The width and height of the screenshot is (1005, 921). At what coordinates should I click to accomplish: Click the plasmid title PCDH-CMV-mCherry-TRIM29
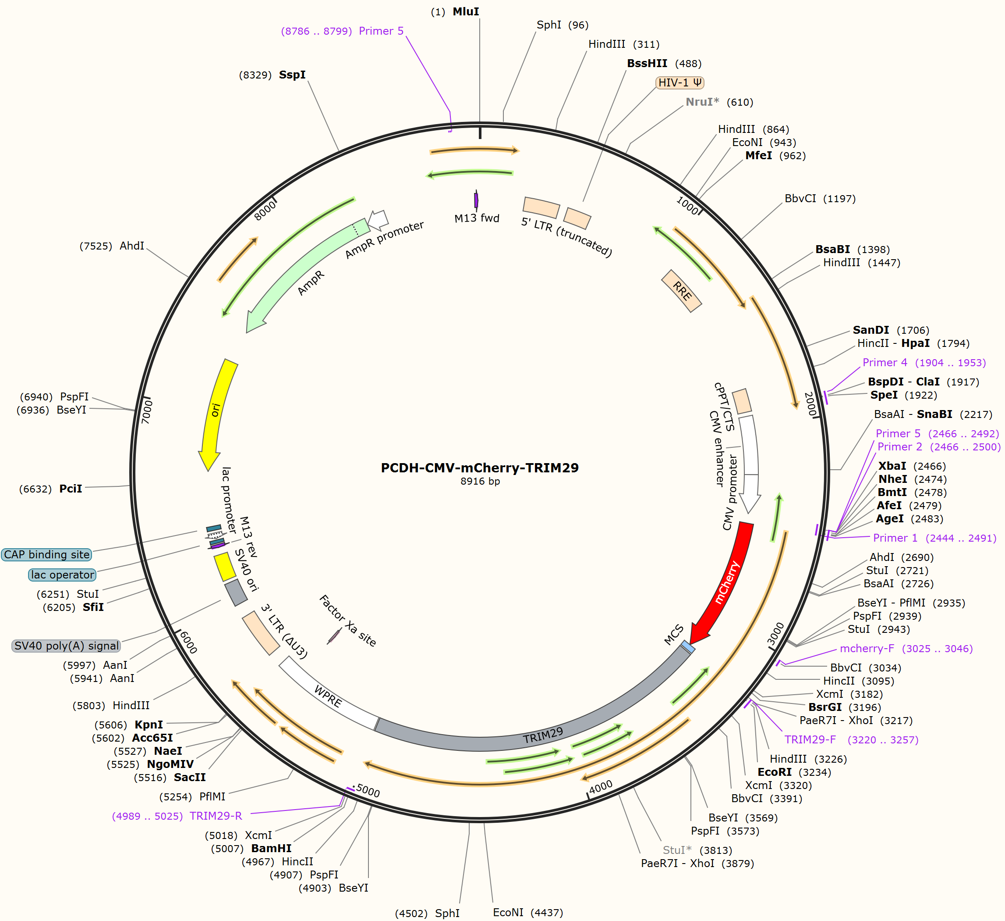480,468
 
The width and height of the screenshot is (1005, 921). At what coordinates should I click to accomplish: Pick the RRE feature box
682,291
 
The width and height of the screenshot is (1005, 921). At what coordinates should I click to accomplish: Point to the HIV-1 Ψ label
679,82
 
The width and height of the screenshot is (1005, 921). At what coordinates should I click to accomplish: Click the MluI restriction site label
466,11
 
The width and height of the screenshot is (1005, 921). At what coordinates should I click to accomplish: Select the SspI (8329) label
272,75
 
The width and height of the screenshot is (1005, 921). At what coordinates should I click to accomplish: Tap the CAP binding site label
47,554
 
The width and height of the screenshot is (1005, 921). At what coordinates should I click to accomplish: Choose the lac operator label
62,575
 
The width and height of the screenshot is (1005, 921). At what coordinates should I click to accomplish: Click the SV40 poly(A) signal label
66,646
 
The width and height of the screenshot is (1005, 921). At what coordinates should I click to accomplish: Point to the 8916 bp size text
480,481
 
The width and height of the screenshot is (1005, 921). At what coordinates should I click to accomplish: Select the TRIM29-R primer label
216,816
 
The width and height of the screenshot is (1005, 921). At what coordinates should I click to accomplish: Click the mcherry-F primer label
867,648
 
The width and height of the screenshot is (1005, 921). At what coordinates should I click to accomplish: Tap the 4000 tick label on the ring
601,787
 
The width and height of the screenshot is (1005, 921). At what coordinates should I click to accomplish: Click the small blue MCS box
688,646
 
